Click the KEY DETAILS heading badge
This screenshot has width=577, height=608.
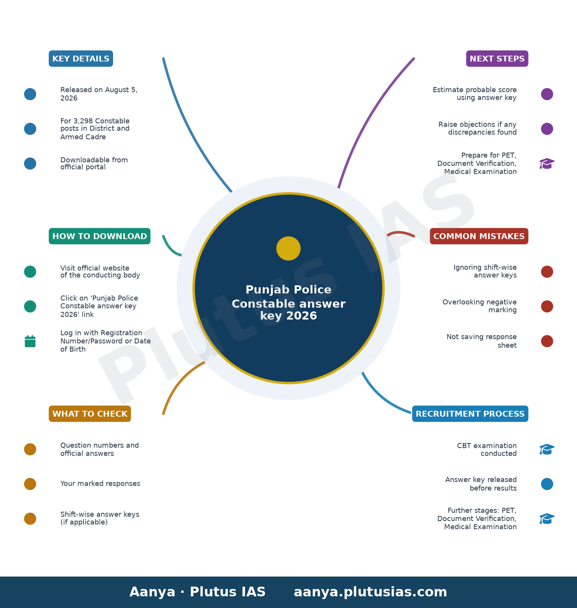coord(81,59)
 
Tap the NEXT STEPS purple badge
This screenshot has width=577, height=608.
coord(497,59)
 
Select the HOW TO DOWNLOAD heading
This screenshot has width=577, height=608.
coord(99,236)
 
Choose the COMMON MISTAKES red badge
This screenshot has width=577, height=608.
coord(479,236)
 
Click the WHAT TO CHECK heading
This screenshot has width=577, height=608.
coord(90,414)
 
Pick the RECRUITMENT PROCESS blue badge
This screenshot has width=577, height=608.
coord(470,414)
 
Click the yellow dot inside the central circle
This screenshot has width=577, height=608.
coord(288,248)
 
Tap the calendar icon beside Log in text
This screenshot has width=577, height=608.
coord(30,341)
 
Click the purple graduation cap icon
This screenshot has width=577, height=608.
coord(547,163)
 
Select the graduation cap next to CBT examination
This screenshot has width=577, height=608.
coord(547,449)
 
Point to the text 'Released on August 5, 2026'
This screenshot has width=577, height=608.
coord(99,94)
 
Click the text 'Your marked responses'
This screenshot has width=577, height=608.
coord(100,484)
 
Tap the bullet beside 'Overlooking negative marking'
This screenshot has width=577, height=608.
coord(547,306)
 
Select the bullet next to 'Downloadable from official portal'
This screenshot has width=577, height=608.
coord(30,163)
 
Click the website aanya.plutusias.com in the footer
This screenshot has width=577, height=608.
coord(370,592)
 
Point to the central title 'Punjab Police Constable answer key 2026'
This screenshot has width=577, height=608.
coord(288,303)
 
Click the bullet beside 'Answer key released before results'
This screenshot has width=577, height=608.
coord(547,484)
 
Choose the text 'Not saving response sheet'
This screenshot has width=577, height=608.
coord(482,341)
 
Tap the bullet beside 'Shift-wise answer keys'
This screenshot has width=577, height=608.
coord(30,519)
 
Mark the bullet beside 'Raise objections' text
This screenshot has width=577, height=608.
coord(547,129)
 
